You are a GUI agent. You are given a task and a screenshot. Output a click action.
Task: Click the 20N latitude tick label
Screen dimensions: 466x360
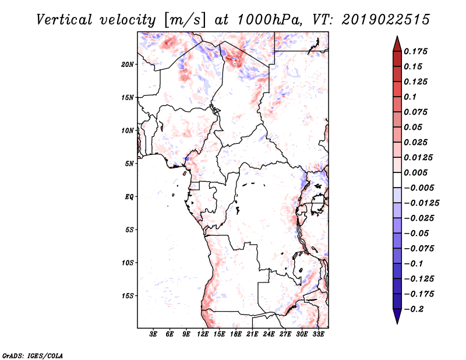pyautogui.click(x=128, y=65)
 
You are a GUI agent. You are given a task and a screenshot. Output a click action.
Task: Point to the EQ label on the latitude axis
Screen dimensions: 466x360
pyautogui.click(x=129, y=197)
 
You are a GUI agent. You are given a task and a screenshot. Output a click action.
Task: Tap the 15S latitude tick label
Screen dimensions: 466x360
pyautogui.click(x=128, y=296)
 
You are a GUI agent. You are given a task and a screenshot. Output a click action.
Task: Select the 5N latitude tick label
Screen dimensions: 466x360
pyautogui.click(x=129, y=164)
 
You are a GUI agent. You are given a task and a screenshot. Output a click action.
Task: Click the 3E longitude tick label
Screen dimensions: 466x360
pyautogui.click(x=153, y=334)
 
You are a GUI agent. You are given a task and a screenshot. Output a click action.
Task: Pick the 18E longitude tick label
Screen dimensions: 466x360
pyautogui.click(x=236, y=334)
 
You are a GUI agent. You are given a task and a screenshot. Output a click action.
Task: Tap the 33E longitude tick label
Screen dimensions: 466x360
pyautogui.click(x=318, y=334)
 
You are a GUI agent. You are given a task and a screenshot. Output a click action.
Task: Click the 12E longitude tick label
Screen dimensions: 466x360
pyautogui.click(x=203, y=334)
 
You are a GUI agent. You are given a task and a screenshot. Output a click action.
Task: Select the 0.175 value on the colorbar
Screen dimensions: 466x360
pyautogui.click(x=415, y=51)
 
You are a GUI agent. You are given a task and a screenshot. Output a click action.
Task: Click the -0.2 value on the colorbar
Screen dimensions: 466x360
pyautogui.click(x=414, y=309)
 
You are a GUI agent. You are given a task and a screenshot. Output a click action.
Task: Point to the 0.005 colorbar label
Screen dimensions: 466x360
pyautogui.click(x=415, y=172)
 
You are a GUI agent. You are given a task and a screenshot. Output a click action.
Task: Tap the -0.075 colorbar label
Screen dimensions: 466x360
pyautogui.click(x=419, y=249)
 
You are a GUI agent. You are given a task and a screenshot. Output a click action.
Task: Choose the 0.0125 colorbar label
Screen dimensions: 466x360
pyautogui.click(x=418, y=157)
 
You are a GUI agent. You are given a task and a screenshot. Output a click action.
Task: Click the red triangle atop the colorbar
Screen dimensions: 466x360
pyautogui.click(x=397, y=44)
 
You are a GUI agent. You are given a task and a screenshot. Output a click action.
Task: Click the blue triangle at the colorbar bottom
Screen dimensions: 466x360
pyautogui.click(x=397, y=316)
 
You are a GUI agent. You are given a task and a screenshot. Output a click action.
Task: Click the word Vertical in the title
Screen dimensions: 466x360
pyautogui.click(x=64, y=20)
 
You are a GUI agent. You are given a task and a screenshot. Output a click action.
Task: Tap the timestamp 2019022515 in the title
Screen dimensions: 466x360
pyautogui.click(x=386, y=20)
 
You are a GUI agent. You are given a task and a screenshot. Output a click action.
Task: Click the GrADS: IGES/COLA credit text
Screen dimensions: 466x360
pyautogui.click(x=33, y=355)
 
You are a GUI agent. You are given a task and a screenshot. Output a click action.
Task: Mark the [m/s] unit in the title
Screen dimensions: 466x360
pyautogui.click(x=184, y=20)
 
